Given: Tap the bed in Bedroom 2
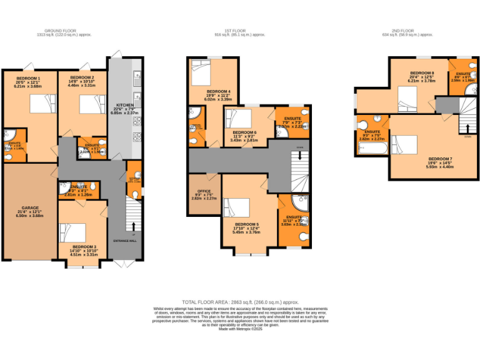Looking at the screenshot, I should tap(89, 104).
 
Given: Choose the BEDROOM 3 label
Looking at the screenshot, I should tap(83, 247).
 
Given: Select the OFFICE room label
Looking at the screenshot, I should tap(204, 191).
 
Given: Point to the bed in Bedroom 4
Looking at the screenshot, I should tap(204, 74).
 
